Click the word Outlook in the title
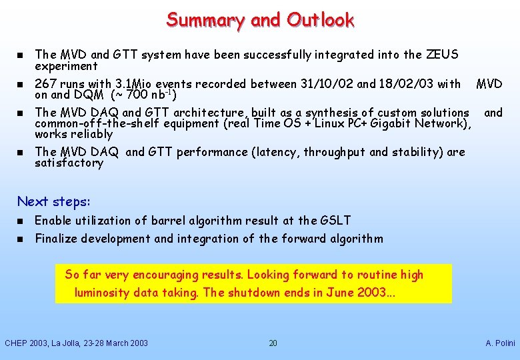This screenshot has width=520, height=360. [321, 20]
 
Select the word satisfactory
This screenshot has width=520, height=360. [69, 163]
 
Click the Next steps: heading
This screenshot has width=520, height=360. [53, 201]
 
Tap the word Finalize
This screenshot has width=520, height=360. [59, 239]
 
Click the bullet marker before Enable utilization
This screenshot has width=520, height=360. [20, 221]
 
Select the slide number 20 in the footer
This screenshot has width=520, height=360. [273, 343]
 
